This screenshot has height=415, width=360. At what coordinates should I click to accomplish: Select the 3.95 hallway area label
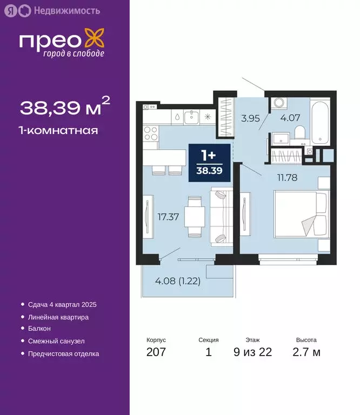[250, 118]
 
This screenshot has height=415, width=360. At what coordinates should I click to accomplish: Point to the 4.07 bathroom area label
[290, 118]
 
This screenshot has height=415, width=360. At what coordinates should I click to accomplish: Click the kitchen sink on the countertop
[191, 116]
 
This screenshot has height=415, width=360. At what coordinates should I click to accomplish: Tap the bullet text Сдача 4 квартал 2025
[63, 305]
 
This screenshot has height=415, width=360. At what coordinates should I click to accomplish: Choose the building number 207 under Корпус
[156, 353]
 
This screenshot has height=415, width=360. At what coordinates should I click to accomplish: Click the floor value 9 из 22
[252, 353]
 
